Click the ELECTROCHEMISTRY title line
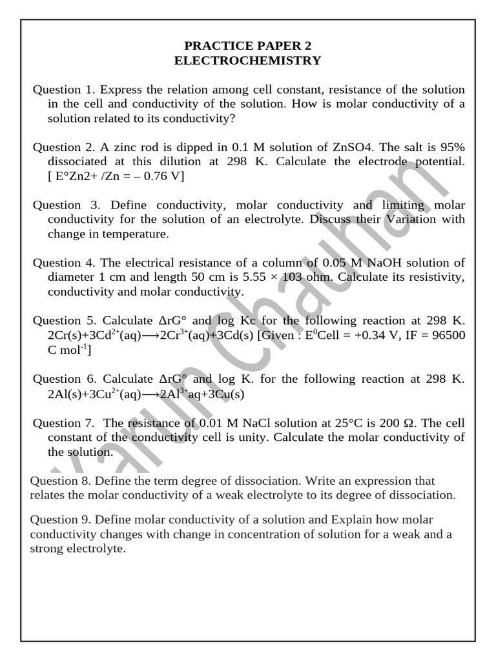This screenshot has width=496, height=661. tap(248, 61)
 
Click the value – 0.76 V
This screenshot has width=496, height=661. tap(158, 176)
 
